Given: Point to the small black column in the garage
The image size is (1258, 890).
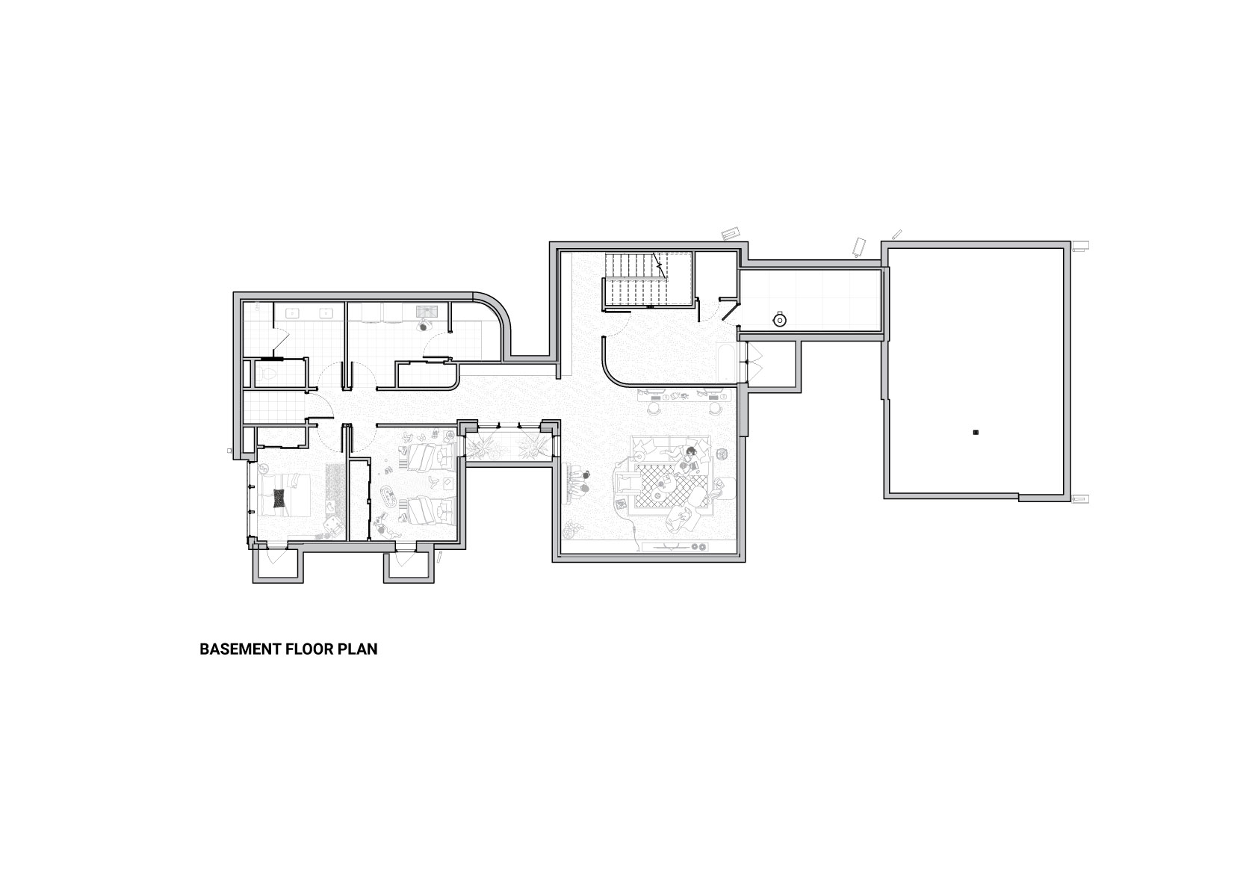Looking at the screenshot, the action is tap(976, 432).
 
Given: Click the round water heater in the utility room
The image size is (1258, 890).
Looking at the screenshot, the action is tap(779, 320).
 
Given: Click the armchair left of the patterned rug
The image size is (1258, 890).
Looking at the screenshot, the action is tap(627, 483).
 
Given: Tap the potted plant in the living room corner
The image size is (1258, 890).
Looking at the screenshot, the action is tap(573, 528).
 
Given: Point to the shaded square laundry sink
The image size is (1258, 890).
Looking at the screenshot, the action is tap(427, 311).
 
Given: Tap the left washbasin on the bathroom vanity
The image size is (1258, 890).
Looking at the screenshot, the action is tap(292, 314).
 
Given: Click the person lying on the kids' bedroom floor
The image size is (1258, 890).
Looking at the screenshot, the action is tap(383, 528).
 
